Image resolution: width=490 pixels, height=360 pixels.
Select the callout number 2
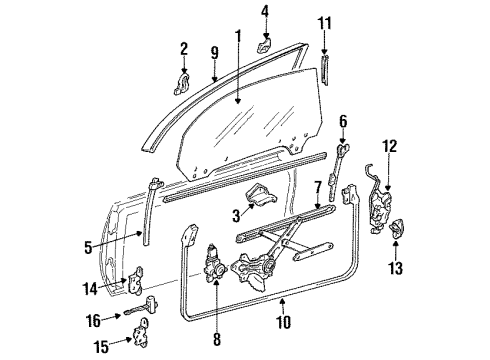click(184, 48)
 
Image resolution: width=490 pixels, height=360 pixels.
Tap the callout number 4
click(264, 12)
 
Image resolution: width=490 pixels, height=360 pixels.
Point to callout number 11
click(323, 22)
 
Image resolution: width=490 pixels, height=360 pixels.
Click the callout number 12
click(390, 146)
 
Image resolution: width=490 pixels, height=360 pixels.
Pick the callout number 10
click(283, 321)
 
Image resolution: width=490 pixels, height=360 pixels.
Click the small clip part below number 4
click(264, 44)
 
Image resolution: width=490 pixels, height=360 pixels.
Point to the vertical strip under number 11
click(323, 73)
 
